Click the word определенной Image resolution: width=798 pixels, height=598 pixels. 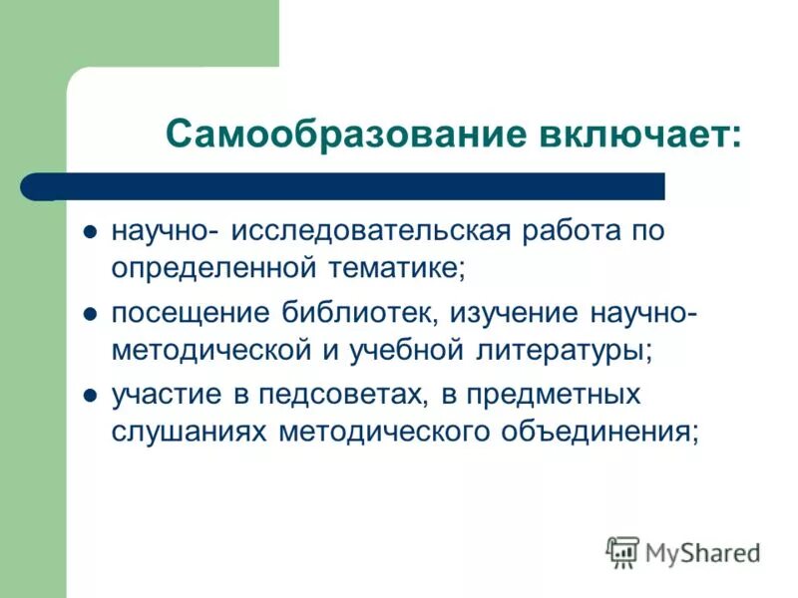click(x=214, y=267)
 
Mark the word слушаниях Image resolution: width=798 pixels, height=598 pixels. click(x=189, y=431)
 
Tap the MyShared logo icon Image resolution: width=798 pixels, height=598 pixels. click(x=622, y=551)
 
